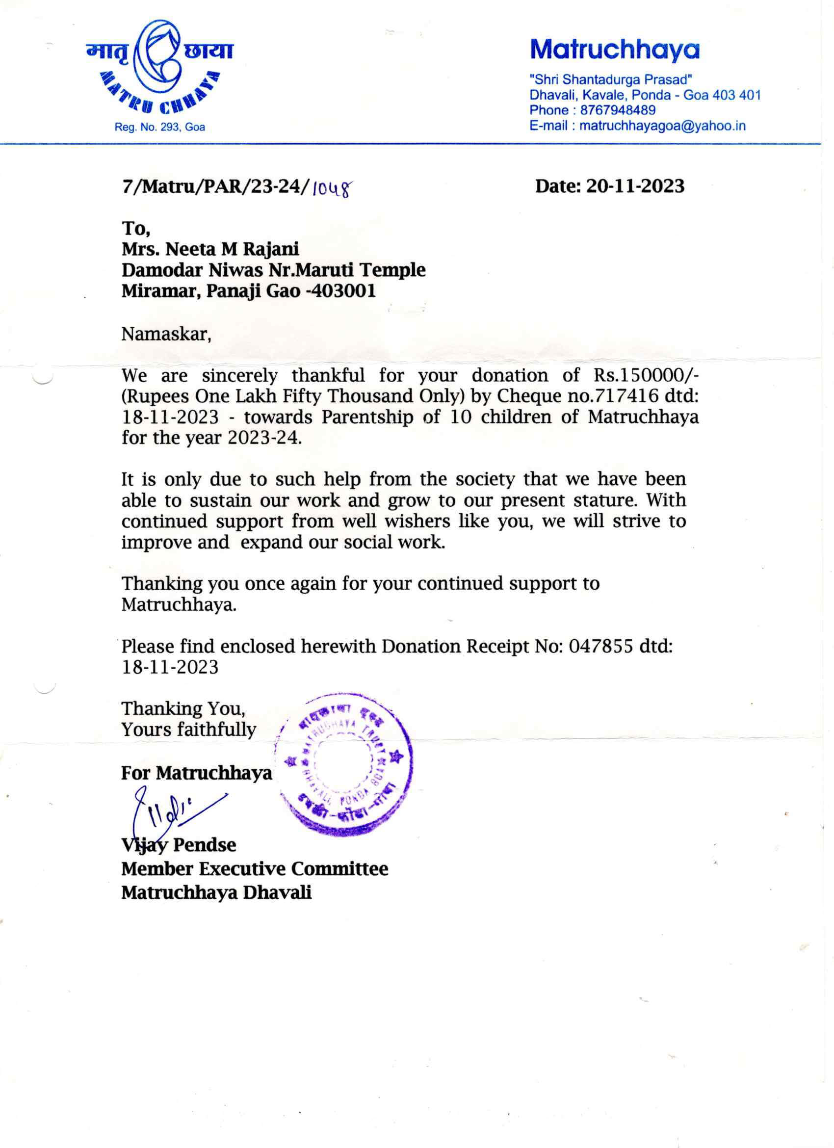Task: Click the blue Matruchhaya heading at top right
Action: [614, 49]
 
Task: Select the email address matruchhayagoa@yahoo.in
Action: [662, 126]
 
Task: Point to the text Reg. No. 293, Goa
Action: [159, 127]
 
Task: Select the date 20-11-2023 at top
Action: [635, 186]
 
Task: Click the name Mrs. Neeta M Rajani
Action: [210, 249]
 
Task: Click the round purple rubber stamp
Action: [344, 763]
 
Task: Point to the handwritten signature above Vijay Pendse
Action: [172, 815]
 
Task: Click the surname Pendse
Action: [205, 845]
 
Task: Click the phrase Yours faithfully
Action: [189, 730]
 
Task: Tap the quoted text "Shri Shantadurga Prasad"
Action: [611, 79]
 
